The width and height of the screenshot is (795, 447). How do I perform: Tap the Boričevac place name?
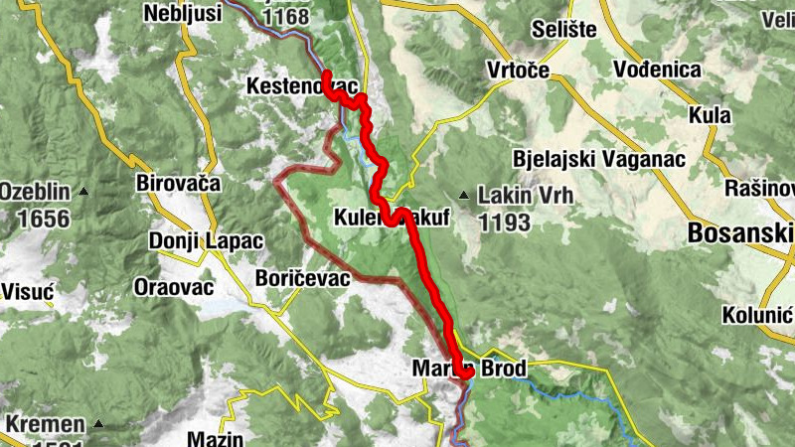click(302, 278)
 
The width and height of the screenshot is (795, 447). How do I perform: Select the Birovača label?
click(177, 183)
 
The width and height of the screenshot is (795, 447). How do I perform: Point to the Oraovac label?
click(173, 287)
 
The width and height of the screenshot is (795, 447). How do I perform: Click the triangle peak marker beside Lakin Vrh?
click(463, 195)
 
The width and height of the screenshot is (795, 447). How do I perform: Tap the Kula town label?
click(710, 115)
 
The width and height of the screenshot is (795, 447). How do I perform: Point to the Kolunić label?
click(757, 315)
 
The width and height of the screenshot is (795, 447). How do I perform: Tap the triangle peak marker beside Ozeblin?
click(85, 191)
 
